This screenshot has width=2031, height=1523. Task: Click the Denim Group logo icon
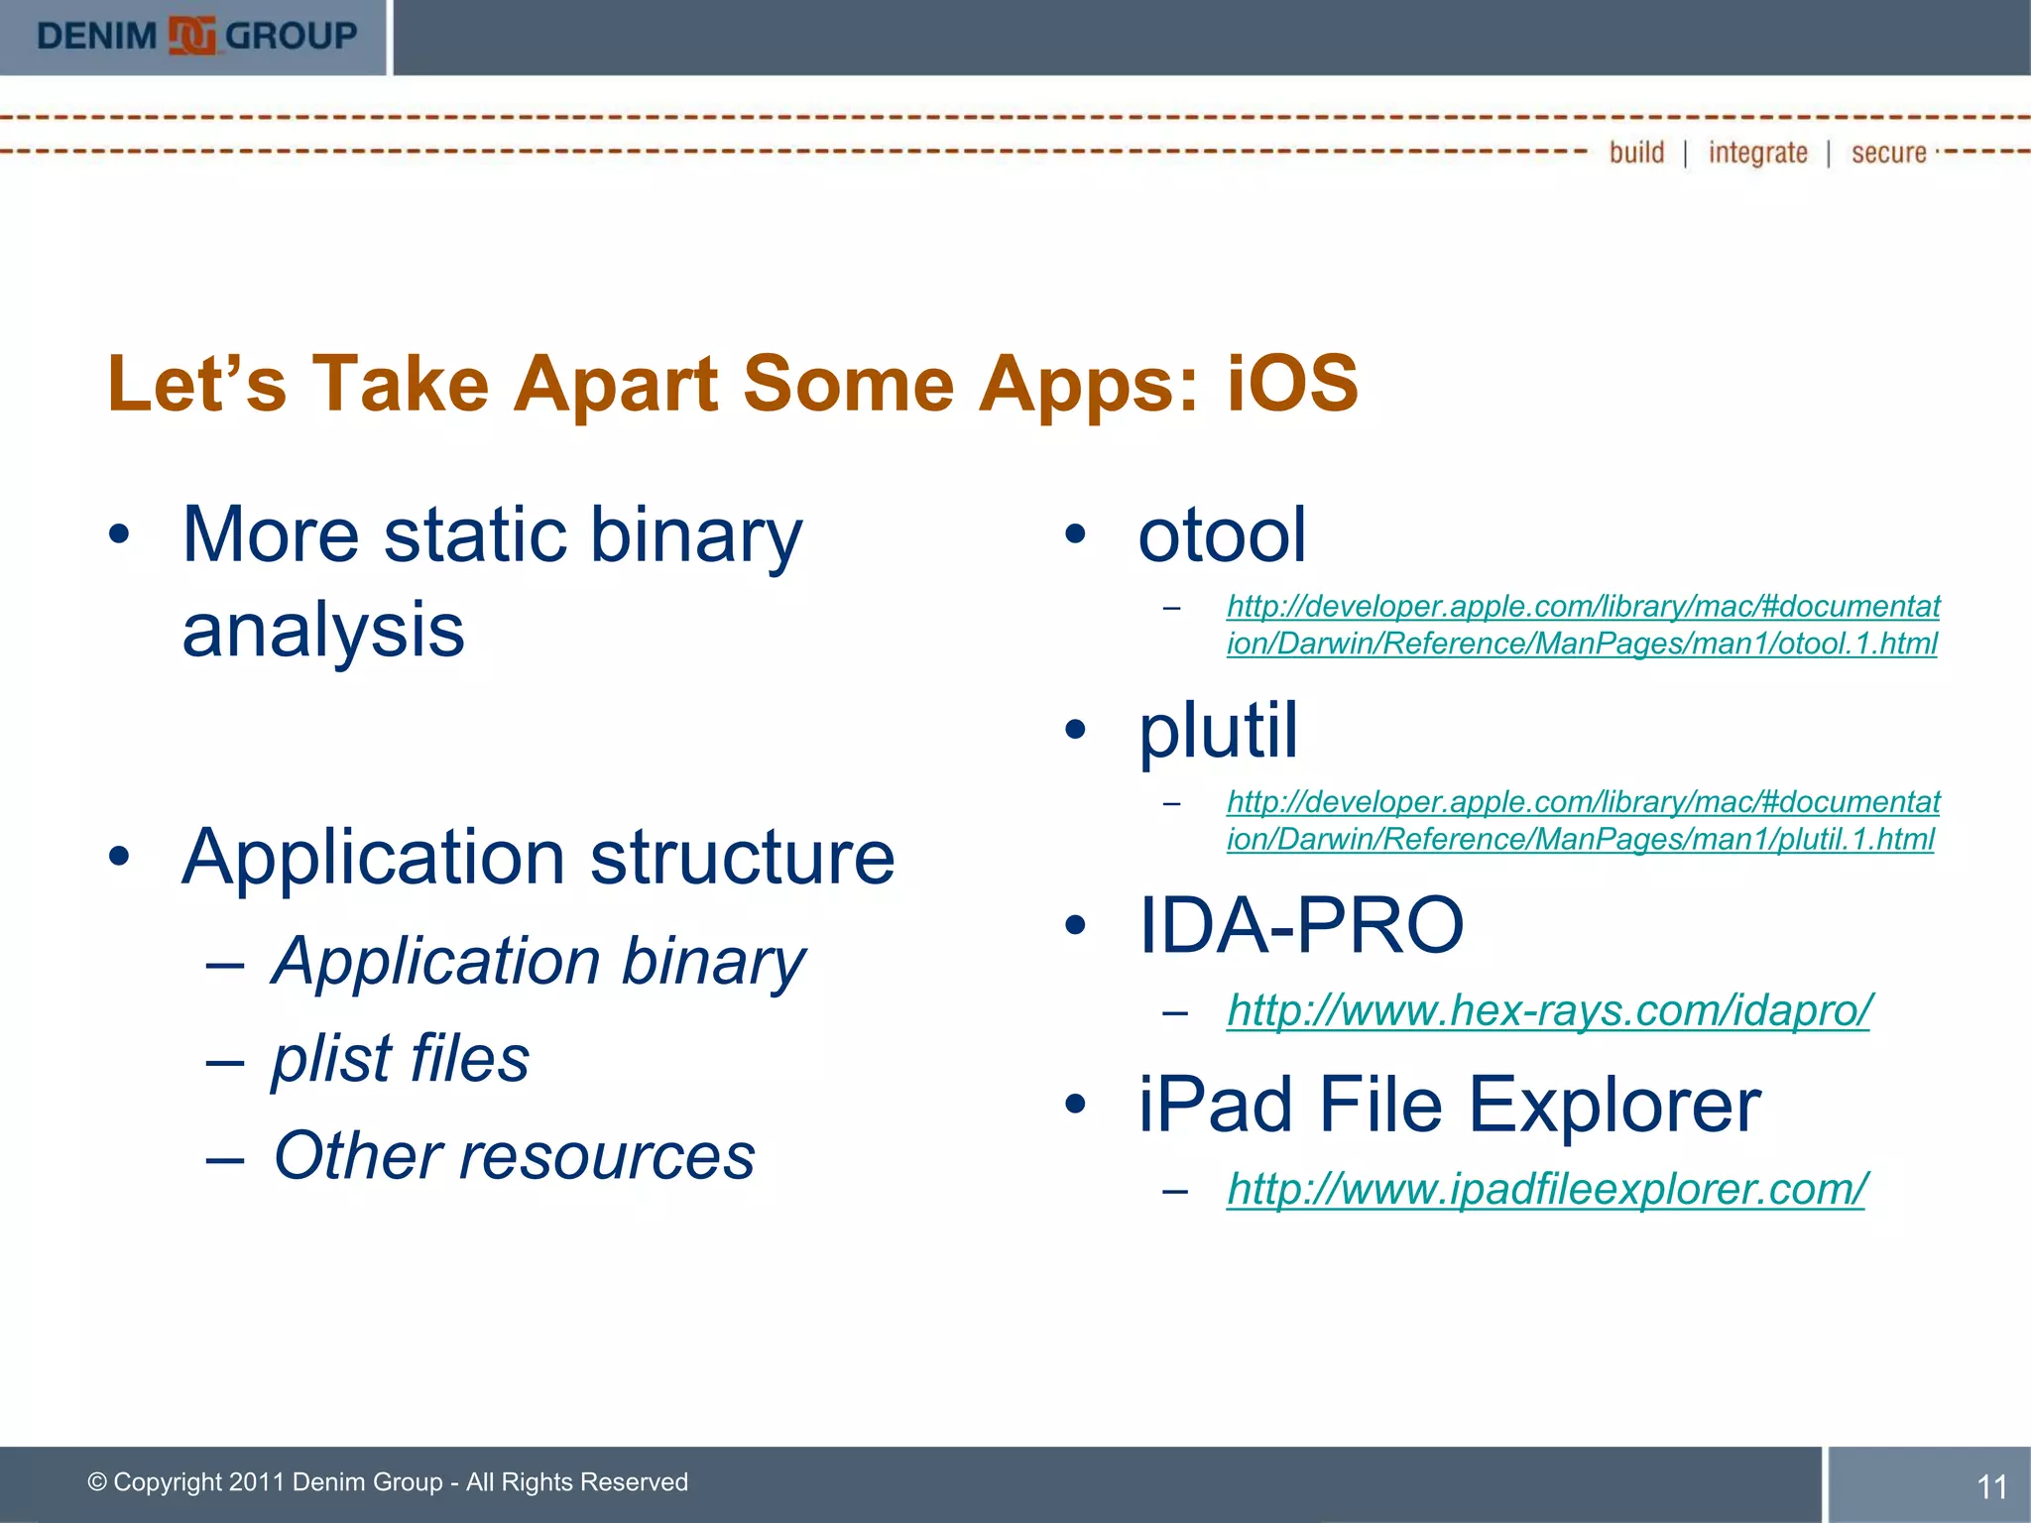192,36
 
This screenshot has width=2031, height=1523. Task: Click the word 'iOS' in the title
1292,384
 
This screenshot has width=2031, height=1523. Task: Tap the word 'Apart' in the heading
615,384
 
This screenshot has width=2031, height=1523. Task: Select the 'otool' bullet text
1222,535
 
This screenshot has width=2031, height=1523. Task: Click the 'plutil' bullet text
1218,731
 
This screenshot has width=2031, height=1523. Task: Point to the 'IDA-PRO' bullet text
1301,926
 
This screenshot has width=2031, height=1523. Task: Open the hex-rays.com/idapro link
1548,1010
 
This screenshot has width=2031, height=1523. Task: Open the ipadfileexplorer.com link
1546,1189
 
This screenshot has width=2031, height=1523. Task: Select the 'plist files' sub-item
401,1058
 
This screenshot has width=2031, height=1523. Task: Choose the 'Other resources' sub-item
514,1156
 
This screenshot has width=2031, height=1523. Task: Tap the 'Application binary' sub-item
539,961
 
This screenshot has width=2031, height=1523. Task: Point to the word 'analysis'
323,631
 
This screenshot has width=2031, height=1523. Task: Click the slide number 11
1991,1486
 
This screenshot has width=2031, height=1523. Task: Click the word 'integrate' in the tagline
1757,153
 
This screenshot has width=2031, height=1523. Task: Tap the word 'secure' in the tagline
1888,153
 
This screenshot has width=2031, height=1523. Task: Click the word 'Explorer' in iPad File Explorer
1613,1105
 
